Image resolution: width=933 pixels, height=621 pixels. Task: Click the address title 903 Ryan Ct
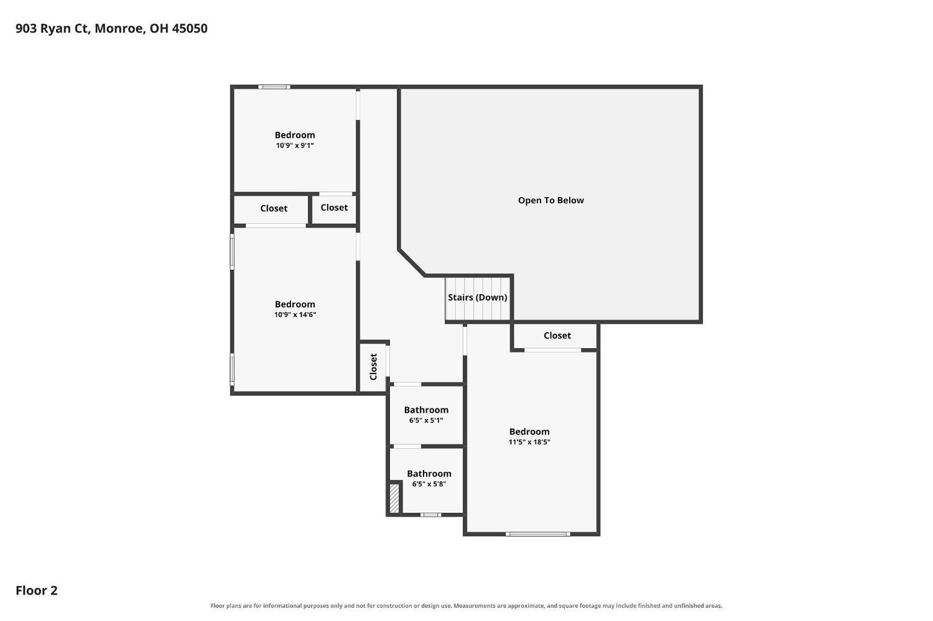(x=111, y=29)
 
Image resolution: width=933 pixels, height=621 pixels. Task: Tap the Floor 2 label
(x=37, y=590)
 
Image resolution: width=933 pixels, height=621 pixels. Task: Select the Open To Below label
(x=550, y=200)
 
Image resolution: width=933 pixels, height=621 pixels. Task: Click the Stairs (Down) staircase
(x=478, y=298)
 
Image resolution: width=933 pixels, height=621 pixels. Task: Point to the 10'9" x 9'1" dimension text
(x=295, y=145)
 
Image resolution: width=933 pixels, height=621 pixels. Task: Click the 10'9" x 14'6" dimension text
(x=295, y=315)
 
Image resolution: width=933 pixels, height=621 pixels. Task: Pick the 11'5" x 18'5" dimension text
(x=529, y=442)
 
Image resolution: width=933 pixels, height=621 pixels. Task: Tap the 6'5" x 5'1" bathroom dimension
(x=426, y=420)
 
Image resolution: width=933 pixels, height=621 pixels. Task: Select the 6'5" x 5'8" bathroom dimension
(x=429, y=484)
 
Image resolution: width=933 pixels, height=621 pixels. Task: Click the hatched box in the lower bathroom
(x=394, y=498)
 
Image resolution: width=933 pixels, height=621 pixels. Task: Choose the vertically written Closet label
(x=373, y=367)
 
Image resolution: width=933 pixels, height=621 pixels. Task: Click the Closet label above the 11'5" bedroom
(x=557, y=336)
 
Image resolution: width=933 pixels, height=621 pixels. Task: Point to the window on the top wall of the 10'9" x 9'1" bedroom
(x=274, y=87)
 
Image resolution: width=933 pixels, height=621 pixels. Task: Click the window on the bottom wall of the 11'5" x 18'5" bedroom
(x=538, y=534)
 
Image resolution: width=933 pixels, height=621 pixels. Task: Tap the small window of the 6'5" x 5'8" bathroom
(x=430, y=515)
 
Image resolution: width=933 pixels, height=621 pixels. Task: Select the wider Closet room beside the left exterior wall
(x=271, y=209)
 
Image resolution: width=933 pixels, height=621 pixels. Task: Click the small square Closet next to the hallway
(x=334, y=209)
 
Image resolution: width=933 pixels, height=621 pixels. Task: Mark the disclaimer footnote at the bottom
(x=466, y=606)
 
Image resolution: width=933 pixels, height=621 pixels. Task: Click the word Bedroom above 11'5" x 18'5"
(x=529, y=431)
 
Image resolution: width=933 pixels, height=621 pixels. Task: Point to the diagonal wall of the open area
(x=412, y=262)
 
